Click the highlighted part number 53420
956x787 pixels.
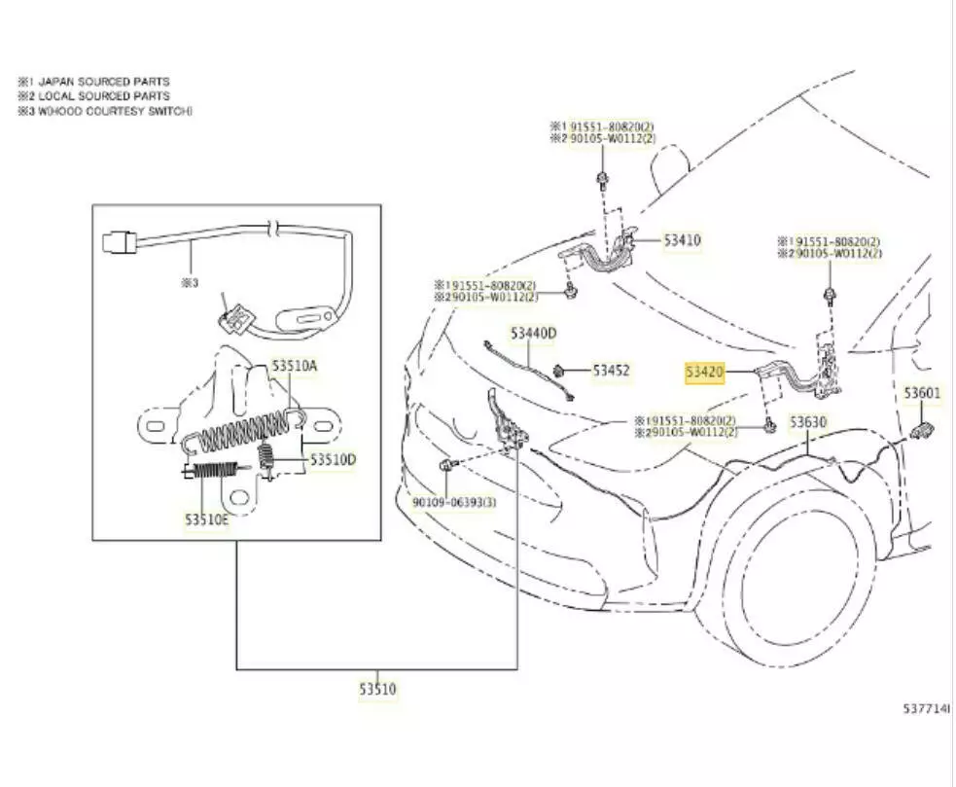point(704,372)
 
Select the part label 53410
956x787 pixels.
point(682,239)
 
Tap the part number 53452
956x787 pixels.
point(611,371)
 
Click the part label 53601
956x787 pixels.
point(922,393)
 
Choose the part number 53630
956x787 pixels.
point(807,422)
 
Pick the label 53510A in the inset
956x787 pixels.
point(294,366)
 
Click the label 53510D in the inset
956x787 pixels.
point(333,459)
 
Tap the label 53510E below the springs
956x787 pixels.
point(207,519)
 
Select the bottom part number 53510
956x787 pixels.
point(377,689)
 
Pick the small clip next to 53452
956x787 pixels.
point(560,370)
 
